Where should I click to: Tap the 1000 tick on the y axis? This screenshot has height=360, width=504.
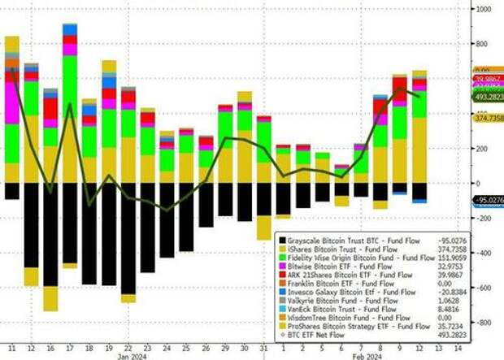point(485,9)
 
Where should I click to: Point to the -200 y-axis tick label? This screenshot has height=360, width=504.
point(484,219)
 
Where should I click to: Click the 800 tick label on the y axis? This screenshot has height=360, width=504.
point(484,44)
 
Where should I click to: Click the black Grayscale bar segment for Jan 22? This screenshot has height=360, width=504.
point(128,236)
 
